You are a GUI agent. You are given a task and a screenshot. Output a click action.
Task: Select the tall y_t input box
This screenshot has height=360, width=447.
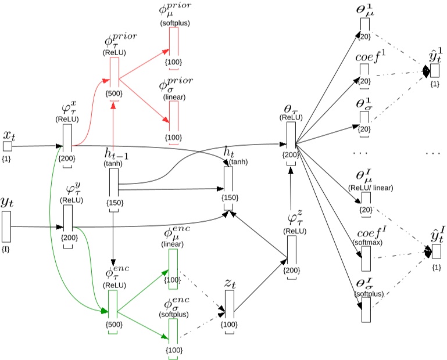pyautogui.click(x=7, y=227)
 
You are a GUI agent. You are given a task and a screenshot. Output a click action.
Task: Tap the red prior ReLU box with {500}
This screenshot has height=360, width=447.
pyautogui.click(x=113, y=71)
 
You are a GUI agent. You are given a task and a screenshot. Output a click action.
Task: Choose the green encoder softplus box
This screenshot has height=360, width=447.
pyautogui.click(x=173, y=331)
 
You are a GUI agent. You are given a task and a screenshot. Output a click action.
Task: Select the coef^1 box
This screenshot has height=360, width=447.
pyautogui.click(x=364, y=73)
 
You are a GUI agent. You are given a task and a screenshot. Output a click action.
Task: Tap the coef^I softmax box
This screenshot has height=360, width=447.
pyautogui.click(x=366, y=259)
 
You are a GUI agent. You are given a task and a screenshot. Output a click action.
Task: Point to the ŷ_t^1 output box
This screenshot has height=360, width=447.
pyautogui.click(x=435, y=70)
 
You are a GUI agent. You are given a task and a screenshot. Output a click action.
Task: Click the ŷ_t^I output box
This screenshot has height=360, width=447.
pyautogui.click(x=435, y=251)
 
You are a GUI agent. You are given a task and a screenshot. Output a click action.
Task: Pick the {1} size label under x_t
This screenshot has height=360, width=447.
pyautogui.click(x=7, y=158)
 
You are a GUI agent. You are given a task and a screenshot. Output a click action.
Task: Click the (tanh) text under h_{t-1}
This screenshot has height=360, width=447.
pyautogui.click(x=114, y=164)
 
